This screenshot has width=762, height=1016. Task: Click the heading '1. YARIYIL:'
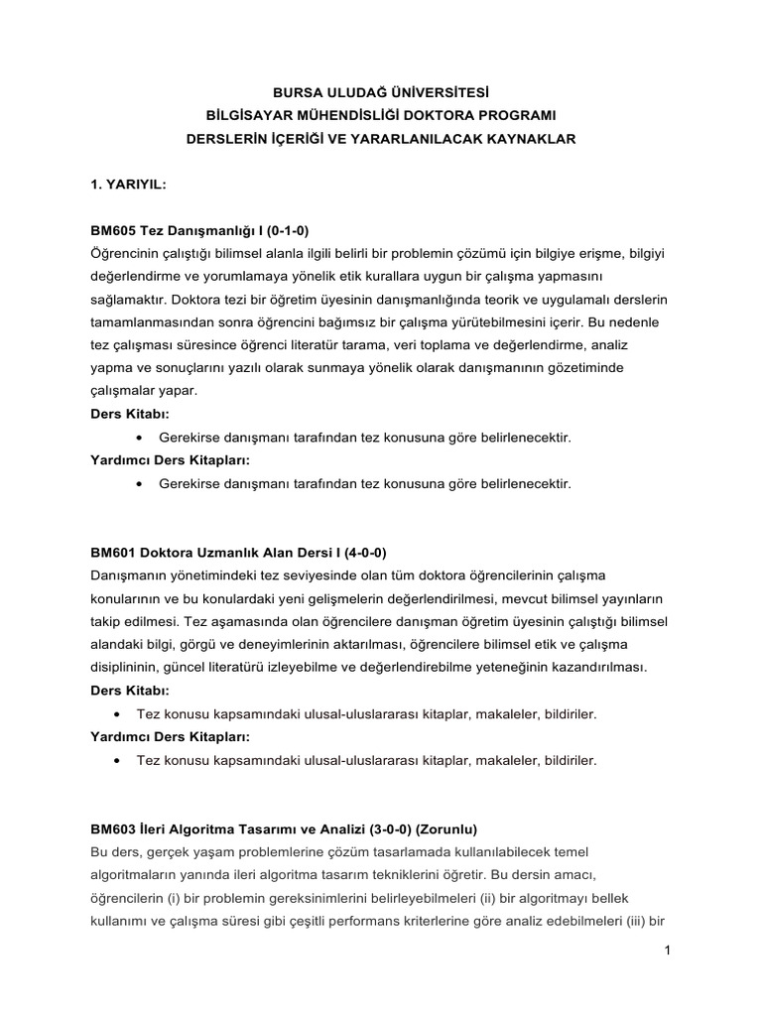[129, 185]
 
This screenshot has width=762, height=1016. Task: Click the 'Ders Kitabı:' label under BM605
[129, 414]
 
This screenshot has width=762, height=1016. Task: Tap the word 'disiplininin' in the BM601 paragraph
[126, 667]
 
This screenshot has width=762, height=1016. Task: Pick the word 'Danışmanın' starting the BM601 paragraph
[130, 575]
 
